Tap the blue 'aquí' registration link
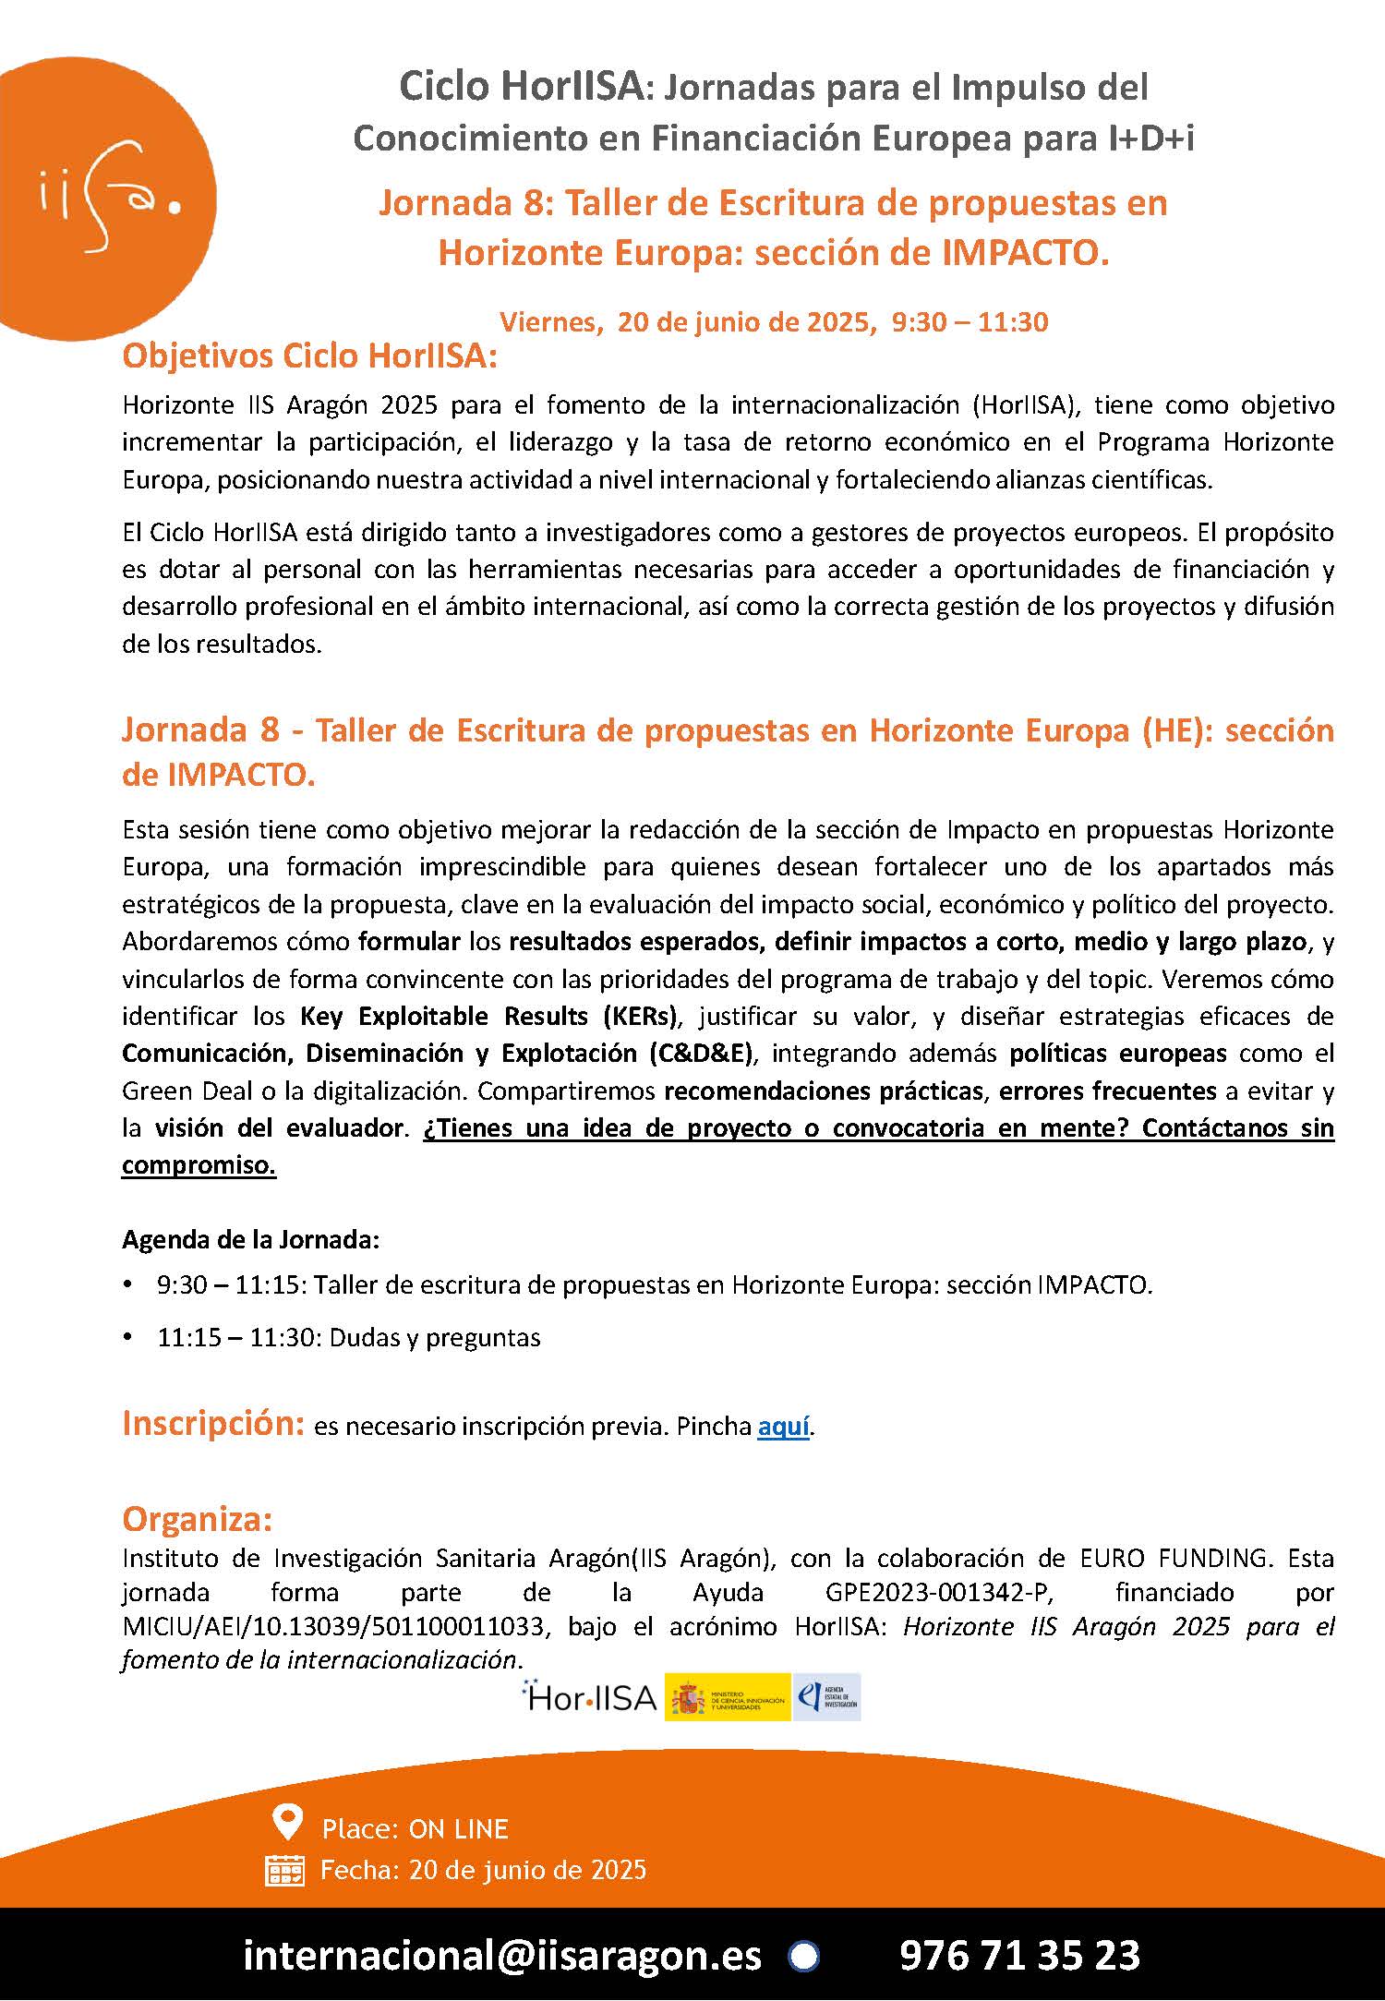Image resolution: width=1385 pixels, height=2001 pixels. (783, 1427)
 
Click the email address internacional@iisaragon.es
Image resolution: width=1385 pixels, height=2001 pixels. (502, 1955)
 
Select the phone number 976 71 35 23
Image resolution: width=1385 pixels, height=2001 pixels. (1019, 1955)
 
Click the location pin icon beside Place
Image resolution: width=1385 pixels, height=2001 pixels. (288, 1823)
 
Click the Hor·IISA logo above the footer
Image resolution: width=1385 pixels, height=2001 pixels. (589, 1697)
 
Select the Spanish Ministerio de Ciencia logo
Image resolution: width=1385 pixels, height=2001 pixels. (728, 1697)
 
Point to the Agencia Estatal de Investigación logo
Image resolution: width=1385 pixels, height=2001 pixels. (828, 1697)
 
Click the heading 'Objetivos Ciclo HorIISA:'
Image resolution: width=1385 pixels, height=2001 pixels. (309, 356)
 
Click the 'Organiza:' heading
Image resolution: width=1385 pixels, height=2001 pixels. (197, 1519)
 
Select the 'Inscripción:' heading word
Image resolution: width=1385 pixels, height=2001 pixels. (212, 1424)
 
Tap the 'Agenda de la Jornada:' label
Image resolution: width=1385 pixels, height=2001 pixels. (250, 1239)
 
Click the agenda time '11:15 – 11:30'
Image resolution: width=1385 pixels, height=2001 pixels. (236, 1338)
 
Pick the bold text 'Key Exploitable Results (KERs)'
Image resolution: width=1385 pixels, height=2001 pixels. (488, 1017)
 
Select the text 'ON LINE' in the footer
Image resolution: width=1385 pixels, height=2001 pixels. (458, 1828)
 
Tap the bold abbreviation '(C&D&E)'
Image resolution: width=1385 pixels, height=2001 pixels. (702, 1054)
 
